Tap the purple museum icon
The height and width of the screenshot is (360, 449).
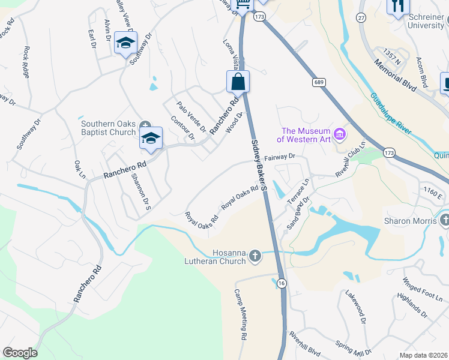click(x=340, y=133)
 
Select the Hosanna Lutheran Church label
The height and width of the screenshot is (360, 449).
click(x=228, y=257)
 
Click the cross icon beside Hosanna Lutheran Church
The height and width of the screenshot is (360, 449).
click(x=255, y=257)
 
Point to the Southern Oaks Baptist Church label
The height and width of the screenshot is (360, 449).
click(x=108, y=128)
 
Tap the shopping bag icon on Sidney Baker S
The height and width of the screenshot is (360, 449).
click(x=238, y=82)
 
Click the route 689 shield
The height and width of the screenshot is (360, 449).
click(x=318, y=82)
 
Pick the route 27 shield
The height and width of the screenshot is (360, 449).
click(x=362, y=17)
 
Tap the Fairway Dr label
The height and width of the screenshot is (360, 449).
click(x=282, y=157)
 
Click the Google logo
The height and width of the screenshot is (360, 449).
click(x=19, y=353)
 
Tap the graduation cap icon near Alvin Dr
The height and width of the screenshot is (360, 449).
click(x=126, y=43)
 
